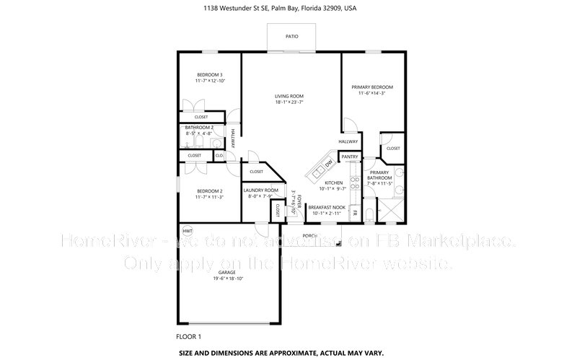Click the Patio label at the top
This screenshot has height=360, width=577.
[291, 36]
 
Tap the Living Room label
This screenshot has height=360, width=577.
[288, 96]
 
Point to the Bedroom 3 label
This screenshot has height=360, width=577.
[210, 75]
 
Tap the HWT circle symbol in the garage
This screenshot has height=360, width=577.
[188, 231]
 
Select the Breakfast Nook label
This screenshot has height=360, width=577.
[327, 207]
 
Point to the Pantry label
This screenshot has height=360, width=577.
[350, 157]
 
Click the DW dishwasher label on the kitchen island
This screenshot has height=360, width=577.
[328, 164]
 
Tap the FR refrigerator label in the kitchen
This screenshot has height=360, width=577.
[354, 213]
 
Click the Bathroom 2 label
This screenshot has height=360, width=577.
[200, 128]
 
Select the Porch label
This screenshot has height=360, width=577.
[310, 235]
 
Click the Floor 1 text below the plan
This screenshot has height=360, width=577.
[188, 336]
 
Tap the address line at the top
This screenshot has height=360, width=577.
[288, 9]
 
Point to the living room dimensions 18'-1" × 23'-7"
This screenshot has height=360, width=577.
[288, 102]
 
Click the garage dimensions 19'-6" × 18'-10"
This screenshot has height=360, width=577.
[228, 278]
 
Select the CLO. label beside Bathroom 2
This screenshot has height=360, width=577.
[219, 155]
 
